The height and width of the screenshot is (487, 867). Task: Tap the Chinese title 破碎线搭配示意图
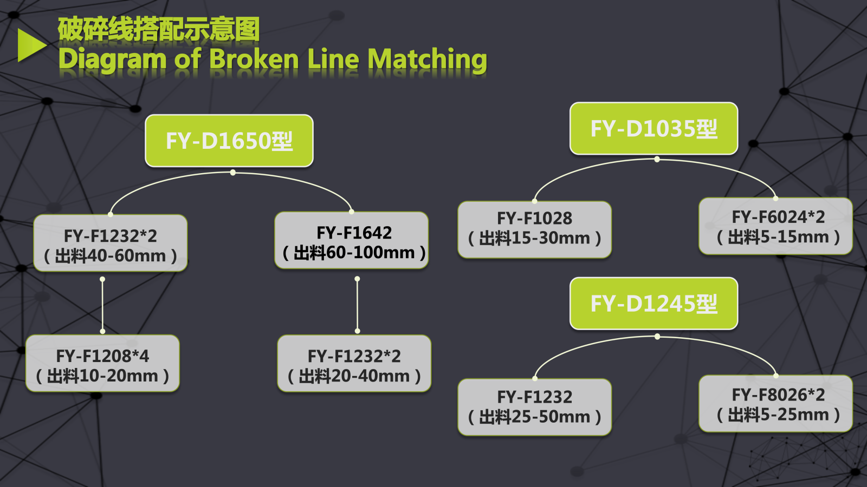(x=159, y=29)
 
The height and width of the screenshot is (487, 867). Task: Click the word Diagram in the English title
(x=112, y=59)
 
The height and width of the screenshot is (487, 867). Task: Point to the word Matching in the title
(x=427, y=60)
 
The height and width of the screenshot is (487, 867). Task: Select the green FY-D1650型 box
(x=229, y=141)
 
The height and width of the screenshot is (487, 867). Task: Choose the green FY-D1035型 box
(x=654, y=129)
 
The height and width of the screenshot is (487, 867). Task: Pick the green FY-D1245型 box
(x=654, y=304)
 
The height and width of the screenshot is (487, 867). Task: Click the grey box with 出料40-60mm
(x=111, y=243)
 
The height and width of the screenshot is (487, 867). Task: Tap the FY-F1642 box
(x=352, y=240)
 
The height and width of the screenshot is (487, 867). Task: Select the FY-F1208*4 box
(x=102, y=364)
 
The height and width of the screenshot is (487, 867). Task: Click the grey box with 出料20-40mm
(x=354, y=364)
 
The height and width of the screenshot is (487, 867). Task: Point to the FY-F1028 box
(x=534, y=229)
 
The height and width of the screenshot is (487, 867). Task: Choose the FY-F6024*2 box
(x=775, y=226)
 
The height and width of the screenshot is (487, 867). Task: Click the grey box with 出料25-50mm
(x=534, y=407)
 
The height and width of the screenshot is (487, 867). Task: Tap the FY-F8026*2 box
(x=775, y=404)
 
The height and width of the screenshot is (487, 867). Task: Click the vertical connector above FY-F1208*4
(x=102, y=305)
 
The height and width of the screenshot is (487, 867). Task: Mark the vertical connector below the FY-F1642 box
(x=357, y=305)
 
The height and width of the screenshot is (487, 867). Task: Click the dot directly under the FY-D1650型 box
(x=232, y=173)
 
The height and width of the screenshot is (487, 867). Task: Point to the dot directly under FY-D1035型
(x=657, y=160)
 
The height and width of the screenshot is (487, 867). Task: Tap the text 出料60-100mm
(x=354, y=253)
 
